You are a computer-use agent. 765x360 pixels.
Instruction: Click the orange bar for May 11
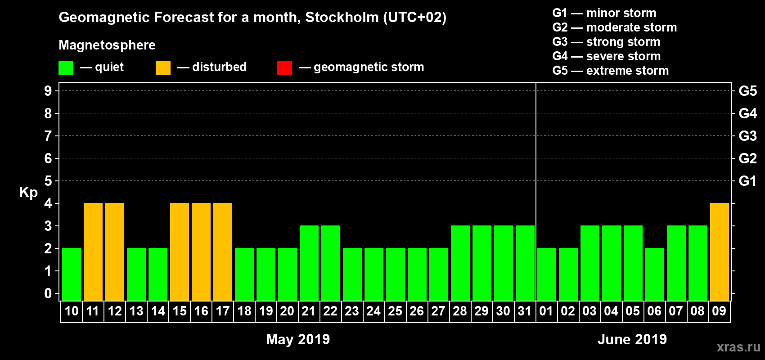(x=93, y=252)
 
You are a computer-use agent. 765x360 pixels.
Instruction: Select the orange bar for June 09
(x=719, y=252)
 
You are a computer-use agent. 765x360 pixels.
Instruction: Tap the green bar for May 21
(x=309, y=263)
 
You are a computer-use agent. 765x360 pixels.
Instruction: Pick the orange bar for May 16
(x=201, y=252)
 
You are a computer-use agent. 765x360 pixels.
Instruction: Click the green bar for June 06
(x=654, y=274)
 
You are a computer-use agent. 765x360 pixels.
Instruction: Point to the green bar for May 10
(x=72, y=274)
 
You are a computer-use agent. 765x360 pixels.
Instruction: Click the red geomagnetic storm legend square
(x=284, y=68)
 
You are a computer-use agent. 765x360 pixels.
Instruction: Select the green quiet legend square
(x=66, y=68)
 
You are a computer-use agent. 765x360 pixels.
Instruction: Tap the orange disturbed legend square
(x=163, y=68)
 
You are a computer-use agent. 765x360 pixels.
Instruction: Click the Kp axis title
(x=28, y=193)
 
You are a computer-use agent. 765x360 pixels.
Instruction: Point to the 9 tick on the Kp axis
(x=48, y=91)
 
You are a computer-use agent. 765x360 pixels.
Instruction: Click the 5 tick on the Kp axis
(x=48, y=181)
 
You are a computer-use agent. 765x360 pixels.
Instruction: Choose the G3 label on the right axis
(x=747, y=136)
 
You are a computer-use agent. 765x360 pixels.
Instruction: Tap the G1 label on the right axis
(x=747, y=181)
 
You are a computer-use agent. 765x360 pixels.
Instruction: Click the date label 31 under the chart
(x=525, y=311)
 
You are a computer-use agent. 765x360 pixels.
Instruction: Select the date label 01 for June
(x=546, y=311)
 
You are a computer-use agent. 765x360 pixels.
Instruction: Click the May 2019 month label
(x=298, y=339)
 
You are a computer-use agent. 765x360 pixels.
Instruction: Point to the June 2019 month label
(x=632, y=339)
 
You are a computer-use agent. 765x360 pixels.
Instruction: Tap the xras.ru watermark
(x=738, y=347)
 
